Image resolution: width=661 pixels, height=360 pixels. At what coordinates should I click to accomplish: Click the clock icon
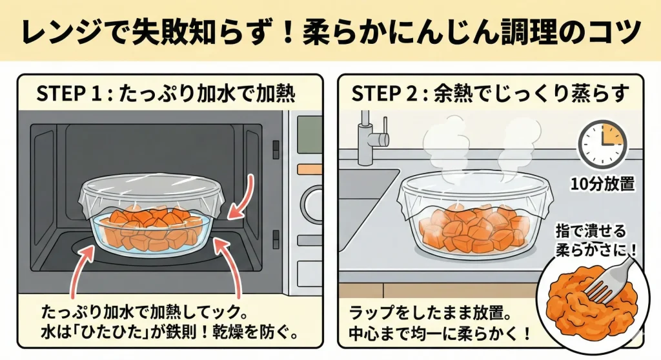pos(602,144)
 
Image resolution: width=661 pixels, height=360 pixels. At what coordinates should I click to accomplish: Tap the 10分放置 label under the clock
pos(602,184)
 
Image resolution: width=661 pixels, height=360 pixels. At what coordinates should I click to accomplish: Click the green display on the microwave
pos(309,134)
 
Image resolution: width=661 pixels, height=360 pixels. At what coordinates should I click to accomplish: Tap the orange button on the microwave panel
pos(309,170)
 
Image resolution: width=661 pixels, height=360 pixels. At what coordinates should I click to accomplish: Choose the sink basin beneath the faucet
pos(367,206)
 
